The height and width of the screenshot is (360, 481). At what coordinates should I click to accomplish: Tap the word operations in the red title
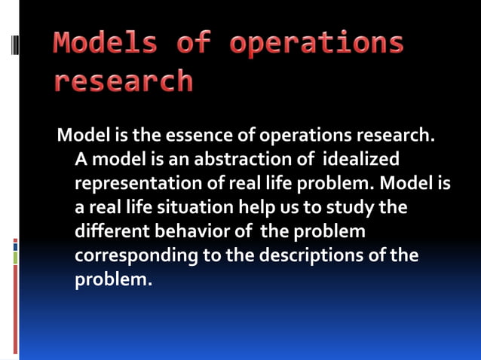(317, 44)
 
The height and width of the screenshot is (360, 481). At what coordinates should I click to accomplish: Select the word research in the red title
(123, 81)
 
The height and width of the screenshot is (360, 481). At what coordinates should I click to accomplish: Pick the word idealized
(360, 160)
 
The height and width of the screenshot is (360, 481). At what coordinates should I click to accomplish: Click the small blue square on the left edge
(15, 246)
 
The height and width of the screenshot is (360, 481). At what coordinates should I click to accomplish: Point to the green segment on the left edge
(15, 258)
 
